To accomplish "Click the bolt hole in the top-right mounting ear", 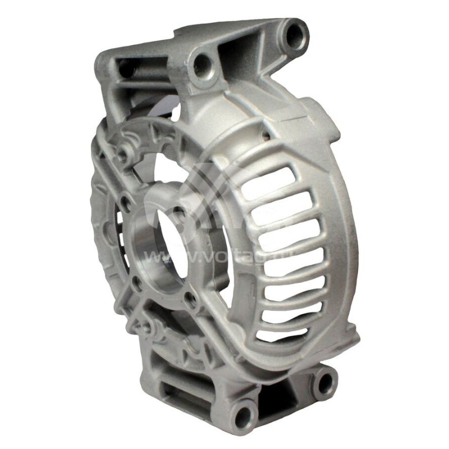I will pyautogui.click(x=295, y=35).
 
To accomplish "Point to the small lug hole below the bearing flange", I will pyautogui.click(x=147, y=326).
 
